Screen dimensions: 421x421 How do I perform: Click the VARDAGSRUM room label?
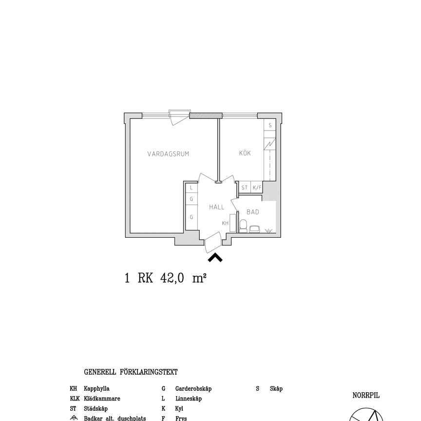coord(168,154)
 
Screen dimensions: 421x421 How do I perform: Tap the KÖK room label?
coord(245,153)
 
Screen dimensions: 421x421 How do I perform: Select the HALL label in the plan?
coord(217,207)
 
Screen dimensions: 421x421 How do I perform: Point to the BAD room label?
coord(252,212)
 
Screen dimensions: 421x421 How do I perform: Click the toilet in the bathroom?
coord(243,226)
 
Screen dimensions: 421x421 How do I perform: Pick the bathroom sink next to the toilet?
coord(254,228)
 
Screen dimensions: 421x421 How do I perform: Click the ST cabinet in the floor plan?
coord(244,188)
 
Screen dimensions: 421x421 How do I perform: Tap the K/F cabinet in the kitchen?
coord(257,188)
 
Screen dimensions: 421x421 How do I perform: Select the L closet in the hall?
coord(191,188)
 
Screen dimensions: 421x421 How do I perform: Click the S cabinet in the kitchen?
coord(270,125)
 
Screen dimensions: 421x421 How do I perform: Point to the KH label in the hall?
coord(225,223)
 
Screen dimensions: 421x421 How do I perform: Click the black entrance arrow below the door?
coord(215,257)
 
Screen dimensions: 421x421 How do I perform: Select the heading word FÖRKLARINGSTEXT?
coord(149,372)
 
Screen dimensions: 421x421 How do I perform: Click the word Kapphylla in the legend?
coord(96,389)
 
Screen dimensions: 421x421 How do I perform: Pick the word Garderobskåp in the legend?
coord(193,389)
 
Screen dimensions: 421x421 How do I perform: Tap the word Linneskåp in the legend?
coord(189,399)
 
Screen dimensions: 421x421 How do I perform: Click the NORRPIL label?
coord(366,396)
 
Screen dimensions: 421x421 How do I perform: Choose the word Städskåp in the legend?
coord(96,409)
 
